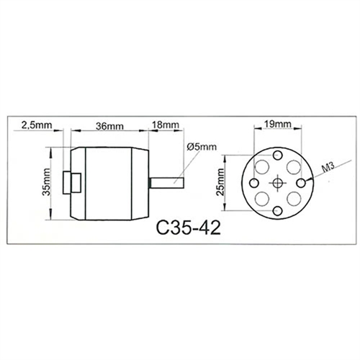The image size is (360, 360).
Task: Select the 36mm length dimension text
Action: (109, 125)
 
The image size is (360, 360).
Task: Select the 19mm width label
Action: (277, 125)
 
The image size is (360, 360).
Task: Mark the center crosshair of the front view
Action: (276, 184)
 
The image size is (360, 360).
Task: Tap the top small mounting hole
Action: (276, 156)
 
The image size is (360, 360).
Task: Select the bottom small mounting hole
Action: (276, 212)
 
